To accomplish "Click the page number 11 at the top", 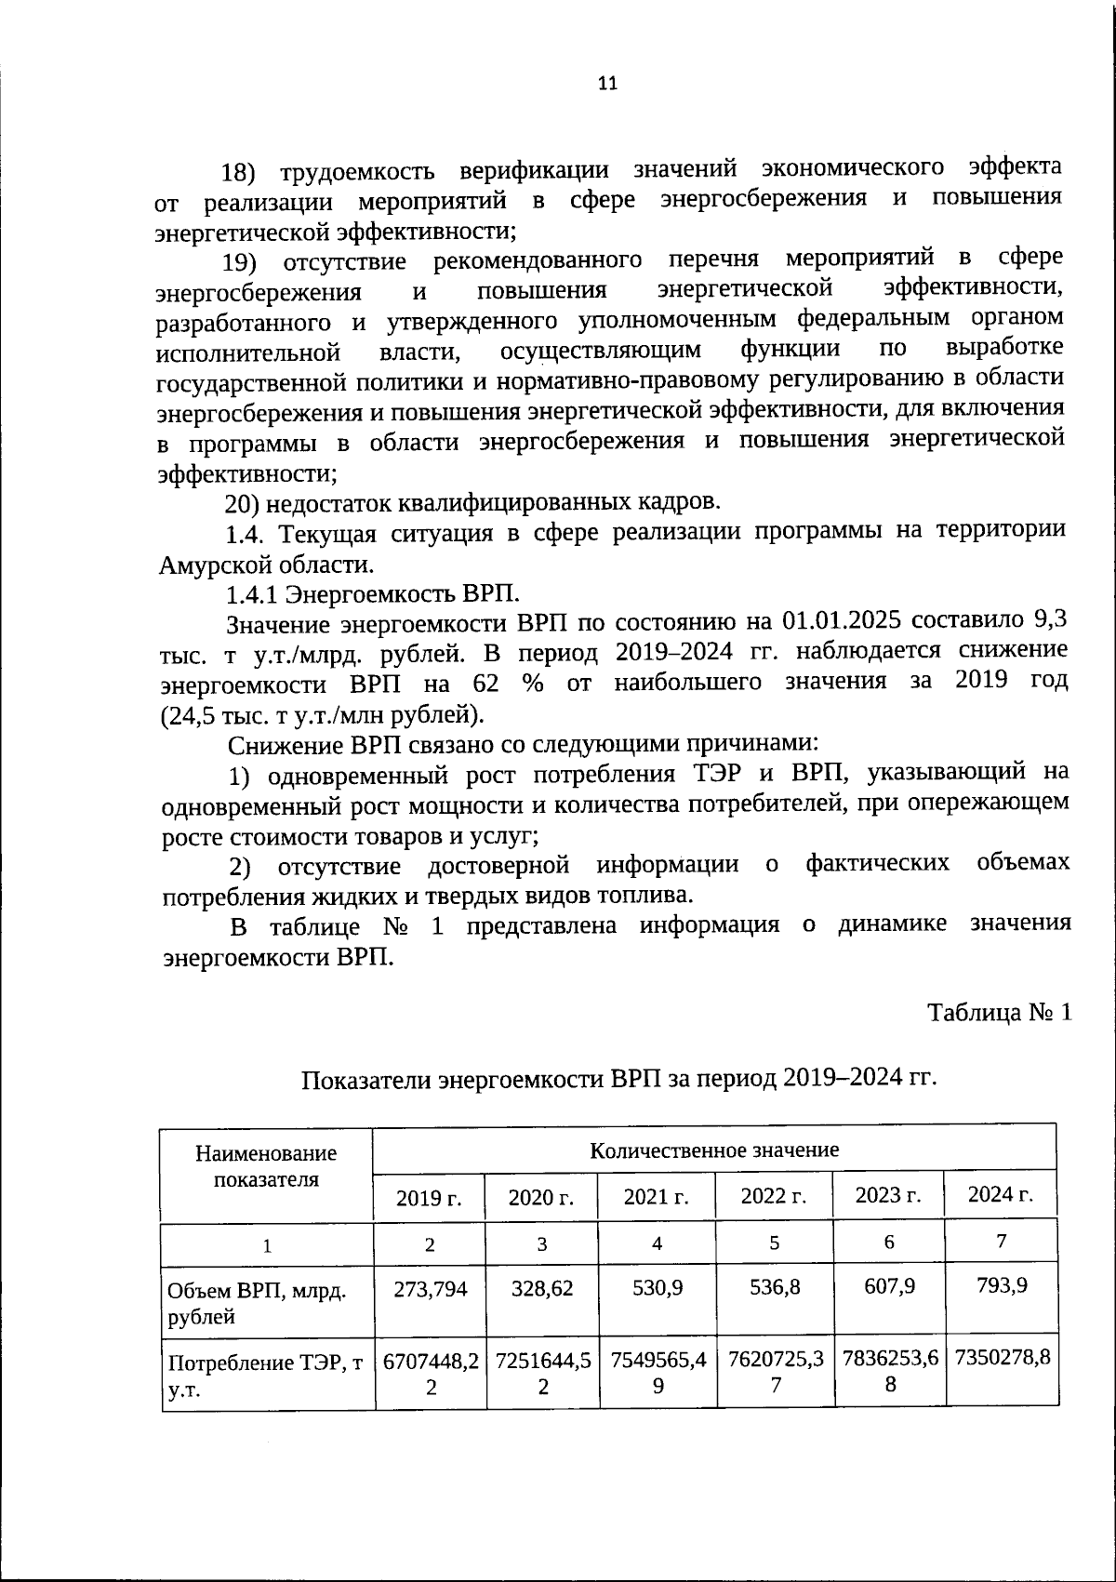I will (x=606, y=83).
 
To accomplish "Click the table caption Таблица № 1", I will (x=1000, y=1012).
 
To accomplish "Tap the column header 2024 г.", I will (x=1001, y=1195).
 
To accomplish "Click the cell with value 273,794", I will (x=430, y=1288).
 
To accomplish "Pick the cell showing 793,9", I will (x=1001, y=1285).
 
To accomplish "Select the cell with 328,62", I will (x=541, y=1288).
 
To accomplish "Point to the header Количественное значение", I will (x=714, y=1150).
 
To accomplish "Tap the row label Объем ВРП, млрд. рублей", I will (x=257, y=1303).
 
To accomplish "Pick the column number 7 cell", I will (x=1001, y=1241).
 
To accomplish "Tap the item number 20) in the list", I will (x=244, y=503).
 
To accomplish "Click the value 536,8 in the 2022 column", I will (x=774, y=1286).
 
